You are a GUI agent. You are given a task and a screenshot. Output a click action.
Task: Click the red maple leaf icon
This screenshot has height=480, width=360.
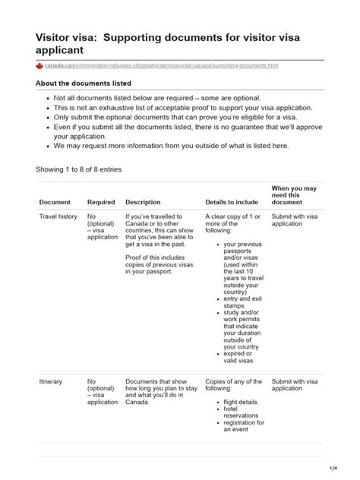coord(40,66)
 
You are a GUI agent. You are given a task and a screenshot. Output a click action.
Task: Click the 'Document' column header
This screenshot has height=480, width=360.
coord(55,202)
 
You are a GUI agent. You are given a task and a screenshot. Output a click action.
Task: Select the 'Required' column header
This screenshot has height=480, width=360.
coord(101,202)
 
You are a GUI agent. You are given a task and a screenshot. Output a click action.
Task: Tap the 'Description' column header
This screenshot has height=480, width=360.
coord(143,202)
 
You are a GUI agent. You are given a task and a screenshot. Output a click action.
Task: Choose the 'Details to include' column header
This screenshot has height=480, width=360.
coord(231,202)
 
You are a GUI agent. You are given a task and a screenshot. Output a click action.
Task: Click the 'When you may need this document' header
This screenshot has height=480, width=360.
coord(294,194)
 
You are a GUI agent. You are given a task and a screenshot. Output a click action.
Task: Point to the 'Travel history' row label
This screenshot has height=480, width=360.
coord(58,216)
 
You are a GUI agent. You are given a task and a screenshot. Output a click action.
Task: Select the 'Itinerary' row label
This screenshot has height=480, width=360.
coord(51,381)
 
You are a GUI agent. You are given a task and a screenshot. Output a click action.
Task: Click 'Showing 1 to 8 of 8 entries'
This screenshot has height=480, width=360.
coord(79,169)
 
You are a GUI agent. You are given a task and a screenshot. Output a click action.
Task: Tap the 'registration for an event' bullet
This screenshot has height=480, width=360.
coord(243,425)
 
